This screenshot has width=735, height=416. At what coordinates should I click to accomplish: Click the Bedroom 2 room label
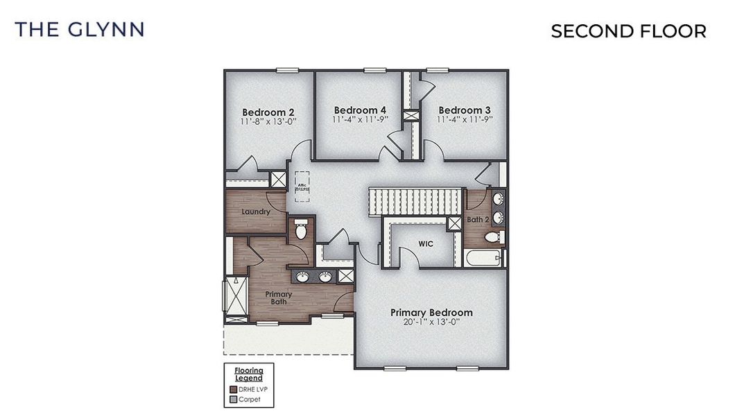268,112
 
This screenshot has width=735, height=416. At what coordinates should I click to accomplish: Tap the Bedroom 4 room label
360,110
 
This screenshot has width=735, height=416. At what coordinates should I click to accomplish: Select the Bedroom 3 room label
465,110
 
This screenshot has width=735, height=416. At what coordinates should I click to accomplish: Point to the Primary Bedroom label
431,312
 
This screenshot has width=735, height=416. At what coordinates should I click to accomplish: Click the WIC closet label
426,244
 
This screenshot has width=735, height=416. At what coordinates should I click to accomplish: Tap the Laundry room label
256,211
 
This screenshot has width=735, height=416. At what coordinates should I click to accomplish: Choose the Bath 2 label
478,220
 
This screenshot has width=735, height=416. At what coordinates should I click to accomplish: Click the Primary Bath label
279,298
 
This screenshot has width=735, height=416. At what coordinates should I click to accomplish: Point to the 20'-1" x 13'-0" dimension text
431,322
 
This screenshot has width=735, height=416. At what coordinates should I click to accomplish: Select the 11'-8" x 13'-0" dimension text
268,122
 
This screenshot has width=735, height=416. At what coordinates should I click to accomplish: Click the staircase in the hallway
415,201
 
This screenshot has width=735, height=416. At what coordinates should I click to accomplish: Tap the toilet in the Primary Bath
301,229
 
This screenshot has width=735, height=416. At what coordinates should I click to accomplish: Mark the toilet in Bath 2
492,237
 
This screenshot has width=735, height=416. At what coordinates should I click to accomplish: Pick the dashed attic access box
302,186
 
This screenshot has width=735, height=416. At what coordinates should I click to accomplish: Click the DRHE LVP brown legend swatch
234,389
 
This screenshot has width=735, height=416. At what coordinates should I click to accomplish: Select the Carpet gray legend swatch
234,399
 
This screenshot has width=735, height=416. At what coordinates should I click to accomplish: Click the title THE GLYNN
79,29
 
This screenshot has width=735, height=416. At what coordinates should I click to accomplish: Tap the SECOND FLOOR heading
628,31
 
